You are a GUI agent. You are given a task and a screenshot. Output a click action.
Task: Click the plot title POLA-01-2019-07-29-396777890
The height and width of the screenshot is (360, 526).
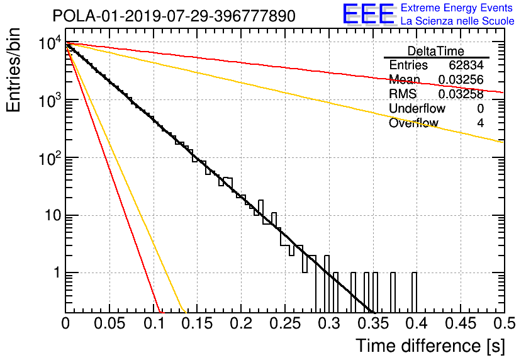click(174, 16)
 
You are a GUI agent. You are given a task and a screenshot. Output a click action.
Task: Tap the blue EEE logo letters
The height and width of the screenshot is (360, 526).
click(368, 14)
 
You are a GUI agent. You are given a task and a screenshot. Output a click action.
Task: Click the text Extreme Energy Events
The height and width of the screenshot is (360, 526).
click(456, 8)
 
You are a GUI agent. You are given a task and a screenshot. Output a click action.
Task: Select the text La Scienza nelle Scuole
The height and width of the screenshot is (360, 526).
click(457, 21)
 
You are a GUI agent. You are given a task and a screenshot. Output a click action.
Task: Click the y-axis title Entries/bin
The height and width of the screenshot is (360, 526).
click(13, 70)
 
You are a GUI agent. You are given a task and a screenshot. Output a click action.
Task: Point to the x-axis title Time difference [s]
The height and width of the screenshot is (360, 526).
click(430, 346)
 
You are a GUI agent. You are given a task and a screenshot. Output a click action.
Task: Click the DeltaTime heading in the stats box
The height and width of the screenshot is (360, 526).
click(435, 51)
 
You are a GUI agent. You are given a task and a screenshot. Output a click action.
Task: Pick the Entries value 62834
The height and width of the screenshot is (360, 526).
click(466, 65)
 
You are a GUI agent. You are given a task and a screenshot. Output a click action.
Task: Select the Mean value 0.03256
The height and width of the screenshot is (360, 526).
click(461, 79)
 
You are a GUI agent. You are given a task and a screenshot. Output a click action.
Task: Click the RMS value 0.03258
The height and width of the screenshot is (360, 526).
click(461, 94)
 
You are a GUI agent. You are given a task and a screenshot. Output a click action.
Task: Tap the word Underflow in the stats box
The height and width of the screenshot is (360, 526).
click(417, 108)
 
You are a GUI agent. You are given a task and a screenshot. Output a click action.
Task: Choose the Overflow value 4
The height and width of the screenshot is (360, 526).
click(480, 123)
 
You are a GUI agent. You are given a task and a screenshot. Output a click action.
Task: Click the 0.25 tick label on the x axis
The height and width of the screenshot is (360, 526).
click(285, 323)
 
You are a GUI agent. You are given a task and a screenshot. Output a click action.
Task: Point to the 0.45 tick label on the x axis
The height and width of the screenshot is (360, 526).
click(461, 323)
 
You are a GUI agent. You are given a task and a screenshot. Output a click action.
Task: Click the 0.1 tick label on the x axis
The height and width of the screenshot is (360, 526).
click(154, 323)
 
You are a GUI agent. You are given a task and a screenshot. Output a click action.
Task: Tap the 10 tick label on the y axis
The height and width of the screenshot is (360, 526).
click(53, 215)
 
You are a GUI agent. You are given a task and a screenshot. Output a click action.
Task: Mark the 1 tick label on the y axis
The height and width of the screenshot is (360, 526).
click(57, 273)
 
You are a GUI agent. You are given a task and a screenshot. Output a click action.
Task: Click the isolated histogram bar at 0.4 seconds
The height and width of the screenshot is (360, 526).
click(414, 293)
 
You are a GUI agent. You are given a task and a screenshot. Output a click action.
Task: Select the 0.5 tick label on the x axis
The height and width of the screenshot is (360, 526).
click(504, 323)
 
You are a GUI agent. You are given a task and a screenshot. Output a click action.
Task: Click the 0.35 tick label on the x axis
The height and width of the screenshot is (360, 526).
click(372, 323)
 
